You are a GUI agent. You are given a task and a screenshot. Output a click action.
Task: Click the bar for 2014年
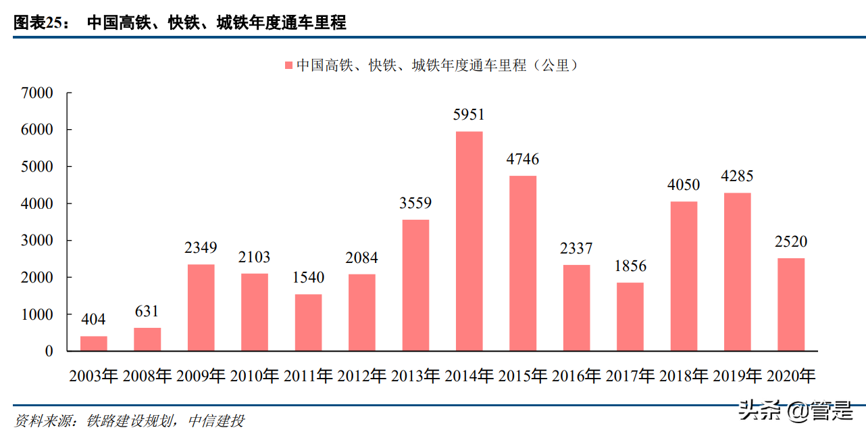click(469, 241)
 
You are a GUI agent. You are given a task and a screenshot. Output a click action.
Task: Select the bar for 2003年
click(94, 343)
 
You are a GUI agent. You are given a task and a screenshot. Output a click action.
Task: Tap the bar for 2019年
click(737, 272)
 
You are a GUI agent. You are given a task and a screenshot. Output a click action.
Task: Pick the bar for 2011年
click(308, 322)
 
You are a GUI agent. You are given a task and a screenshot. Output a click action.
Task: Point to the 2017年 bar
click(630, 316)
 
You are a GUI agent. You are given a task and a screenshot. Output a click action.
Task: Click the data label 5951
click(469, 115)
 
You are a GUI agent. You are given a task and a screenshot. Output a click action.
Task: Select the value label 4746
click(523, 160)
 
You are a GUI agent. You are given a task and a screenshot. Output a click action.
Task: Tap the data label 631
click(147, 312)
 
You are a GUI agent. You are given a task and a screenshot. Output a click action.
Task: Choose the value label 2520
click(791, 242)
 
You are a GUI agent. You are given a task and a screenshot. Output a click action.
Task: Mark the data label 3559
click(415, 203)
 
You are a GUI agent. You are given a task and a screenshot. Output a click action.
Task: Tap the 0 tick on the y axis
click(49, 352)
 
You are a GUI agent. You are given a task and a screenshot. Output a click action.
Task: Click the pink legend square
click(288, 66)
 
